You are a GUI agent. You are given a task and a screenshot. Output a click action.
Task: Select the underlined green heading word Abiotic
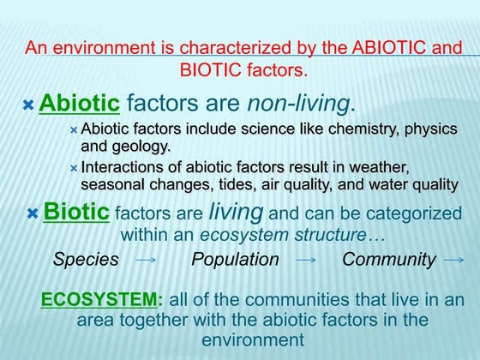pyautogui.click(x=79, y=105)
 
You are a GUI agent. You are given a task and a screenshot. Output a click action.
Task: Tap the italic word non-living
pyautogui.click(x=298, y=105)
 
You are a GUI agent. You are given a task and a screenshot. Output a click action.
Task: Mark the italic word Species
pyautogui.click(x=86, y=259)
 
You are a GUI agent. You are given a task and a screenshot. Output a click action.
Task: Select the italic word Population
pyautogui.click(x=235, y=259)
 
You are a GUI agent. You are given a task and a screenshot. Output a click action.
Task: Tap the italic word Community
pyautogui.click(x=389, y=259)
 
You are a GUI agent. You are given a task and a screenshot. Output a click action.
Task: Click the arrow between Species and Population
pyautogui.click(x=146, y=260)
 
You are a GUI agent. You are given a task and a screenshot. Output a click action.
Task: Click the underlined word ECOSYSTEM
pyautogui.click(x=100, y=300)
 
